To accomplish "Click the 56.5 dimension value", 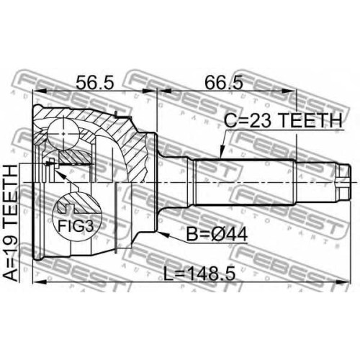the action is (x=94, y=82).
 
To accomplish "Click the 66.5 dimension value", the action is (x=224, y=82).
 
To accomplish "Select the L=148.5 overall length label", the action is (x=199, y=274).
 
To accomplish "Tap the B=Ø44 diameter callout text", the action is (x=217, y=234).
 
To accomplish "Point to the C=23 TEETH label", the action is (x=283, y=120).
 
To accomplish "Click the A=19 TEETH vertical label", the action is (x=12, y=223).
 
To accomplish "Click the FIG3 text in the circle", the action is (x=76, y=226).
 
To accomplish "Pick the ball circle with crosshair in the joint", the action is (x=63, y=134).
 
